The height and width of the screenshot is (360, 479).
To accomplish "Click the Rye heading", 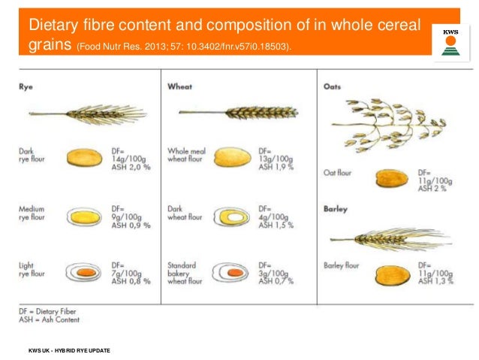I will point(26,87).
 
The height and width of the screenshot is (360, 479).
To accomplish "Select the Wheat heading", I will point(180,87).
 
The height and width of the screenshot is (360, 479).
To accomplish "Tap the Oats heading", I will point(331,87).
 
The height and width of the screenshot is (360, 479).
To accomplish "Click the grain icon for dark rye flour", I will point(83,157).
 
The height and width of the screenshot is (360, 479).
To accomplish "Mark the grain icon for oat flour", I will point(391,178).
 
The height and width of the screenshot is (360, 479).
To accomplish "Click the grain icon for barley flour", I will point(391,273).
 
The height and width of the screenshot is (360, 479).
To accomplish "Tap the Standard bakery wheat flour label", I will point(185,273).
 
